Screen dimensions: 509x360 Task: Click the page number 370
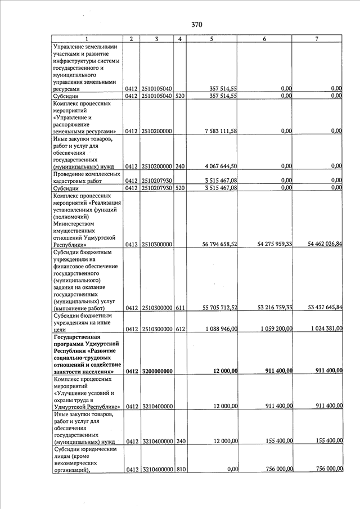(x=196, y=25)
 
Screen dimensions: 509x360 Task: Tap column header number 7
(x=317, y=39)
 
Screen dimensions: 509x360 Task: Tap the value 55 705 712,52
(x=216, y=308)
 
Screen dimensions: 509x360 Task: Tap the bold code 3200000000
(x=156, y=371)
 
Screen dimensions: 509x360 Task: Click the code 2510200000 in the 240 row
(x=156, y=166)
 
